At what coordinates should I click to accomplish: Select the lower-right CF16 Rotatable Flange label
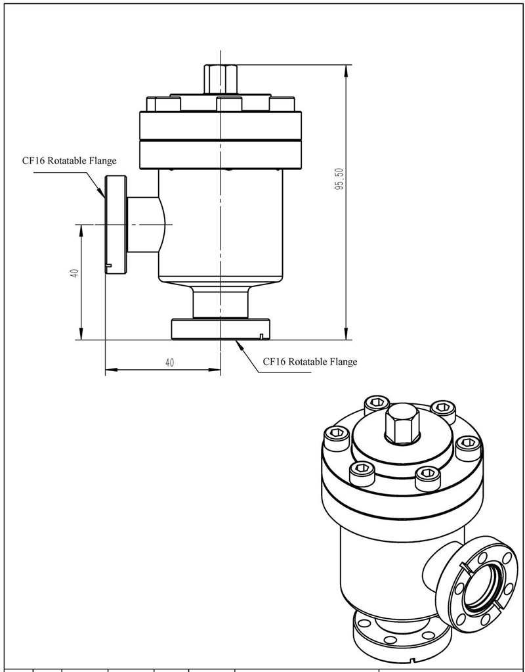310,361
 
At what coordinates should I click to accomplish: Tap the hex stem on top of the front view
220,79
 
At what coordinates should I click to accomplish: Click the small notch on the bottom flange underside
261,338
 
